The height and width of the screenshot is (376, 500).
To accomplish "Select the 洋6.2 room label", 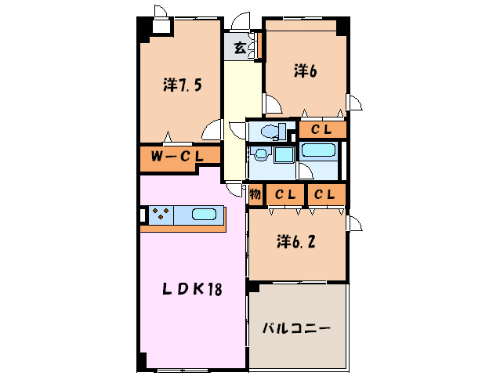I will [x=296, y=242].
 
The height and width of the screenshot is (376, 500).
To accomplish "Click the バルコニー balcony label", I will [x=296, y=327].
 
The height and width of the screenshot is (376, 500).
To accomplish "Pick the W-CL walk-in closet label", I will [x=178, y=157].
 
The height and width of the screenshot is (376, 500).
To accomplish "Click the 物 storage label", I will [x=255, y=193].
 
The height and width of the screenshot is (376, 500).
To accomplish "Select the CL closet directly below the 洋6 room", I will [x=321, y=129].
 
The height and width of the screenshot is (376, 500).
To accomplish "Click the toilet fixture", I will [x=271, y=131].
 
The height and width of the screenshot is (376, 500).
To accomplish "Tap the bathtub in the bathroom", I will [x=318, y=150].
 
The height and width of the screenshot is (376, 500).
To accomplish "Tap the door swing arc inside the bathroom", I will [x=306, y=172].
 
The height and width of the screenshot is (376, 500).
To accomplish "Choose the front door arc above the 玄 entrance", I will [x=241, y=21].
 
